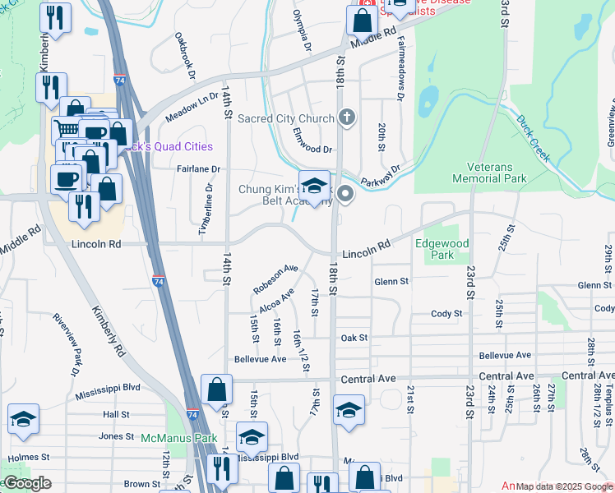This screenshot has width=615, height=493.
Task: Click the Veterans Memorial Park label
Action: (489, 172)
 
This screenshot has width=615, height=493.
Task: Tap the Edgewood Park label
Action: (442, 250)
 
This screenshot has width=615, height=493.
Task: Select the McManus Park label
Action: (178, 438)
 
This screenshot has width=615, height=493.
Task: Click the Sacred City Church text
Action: (285, 118)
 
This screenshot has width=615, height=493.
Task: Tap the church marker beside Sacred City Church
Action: (347, 117)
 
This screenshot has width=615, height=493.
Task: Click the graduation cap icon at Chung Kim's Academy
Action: (314, 184)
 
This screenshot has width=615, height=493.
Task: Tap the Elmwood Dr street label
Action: (312, 150)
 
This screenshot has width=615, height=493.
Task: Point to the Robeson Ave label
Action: (275, 279)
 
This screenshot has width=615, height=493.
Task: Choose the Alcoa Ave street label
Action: (276, 302)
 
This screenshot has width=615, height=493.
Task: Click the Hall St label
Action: (116, 416)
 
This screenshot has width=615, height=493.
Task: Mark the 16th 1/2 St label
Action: (299, 348)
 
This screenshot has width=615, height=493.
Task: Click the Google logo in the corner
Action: (27, 484)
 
